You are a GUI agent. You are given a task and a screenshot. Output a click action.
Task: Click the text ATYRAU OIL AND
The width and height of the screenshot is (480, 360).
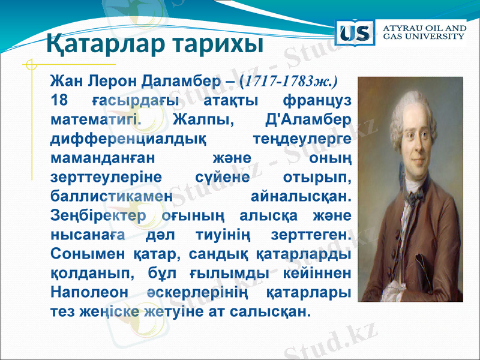click(x=424, y=28)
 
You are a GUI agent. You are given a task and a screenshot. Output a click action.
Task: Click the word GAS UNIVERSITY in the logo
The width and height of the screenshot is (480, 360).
click(x=424, y=37)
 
